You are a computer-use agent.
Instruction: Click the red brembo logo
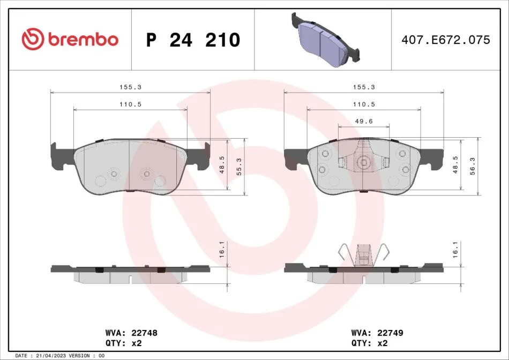(x=70, y=39)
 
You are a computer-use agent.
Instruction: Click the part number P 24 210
(x=193, y=40)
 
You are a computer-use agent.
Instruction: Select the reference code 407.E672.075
(x=446, y=40)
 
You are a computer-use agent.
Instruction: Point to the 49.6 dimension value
(x=364, y=121)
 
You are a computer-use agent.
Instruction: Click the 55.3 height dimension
(x=239, y=167)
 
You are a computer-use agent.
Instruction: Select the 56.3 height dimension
(x=473, y=166)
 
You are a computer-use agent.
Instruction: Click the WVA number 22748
(x=145, y=333)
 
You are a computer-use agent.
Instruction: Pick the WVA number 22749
(x=390, y=333)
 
